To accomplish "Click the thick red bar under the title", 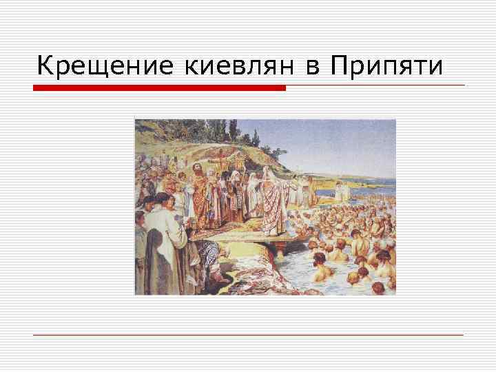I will (x=159, y=87).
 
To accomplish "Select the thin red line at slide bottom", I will (x=248, y=335).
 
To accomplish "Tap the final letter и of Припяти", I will (x=436, y=67).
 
